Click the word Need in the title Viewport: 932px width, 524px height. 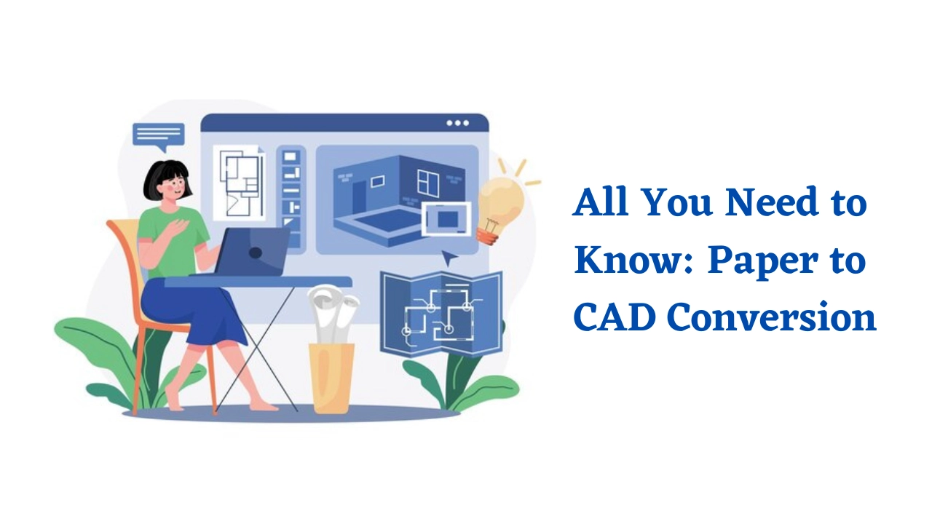click(773, 202)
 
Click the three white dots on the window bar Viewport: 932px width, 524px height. click(458, 123)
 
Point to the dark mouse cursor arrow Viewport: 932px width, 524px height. click(449, 258)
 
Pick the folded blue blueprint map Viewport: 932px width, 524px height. click(441, 314)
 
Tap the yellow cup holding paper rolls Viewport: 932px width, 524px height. click(331, 377)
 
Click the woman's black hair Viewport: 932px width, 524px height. click(166, 181)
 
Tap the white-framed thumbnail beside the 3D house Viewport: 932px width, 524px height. click(446, 219)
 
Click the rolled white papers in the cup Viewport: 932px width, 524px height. click(333, 314)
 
